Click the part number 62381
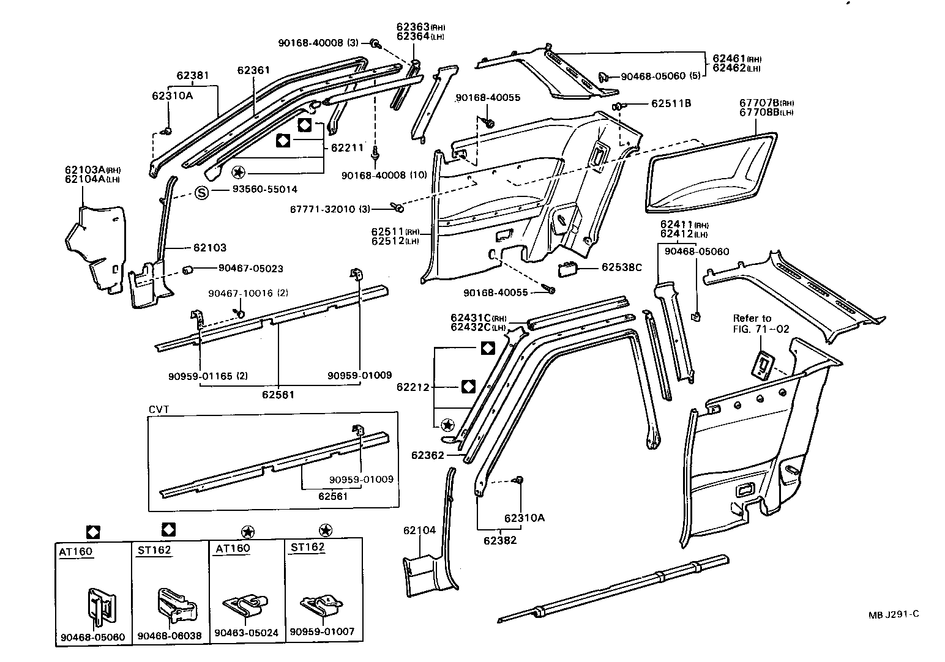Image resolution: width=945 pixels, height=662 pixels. [193, 76]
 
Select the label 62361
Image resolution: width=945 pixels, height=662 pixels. [253, 70]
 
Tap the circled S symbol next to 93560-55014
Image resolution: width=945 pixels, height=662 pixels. [202, 193]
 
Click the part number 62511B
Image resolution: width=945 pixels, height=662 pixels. [671, 104]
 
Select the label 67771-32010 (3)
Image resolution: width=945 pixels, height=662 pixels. [331, 209]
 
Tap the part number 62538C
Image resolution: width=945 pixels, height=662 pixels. [621, 267]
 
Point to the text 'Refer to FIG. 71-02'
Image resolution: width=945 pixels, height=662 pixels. [761, 324]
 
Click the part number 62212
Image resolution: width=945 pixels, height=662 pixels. [413, 387]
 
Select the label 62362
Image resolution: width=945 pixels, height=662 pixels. [427, 455]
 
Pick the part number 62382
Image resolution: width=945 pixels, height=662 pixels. [500, 540]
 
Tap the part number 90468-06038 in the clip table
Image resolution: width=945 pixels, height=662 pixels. [170, 636]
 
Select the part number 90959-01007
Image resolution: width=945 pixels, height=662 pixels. [322, 631]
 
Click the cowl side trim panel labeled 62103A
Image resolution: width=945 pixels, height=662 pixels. [95, 245]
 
